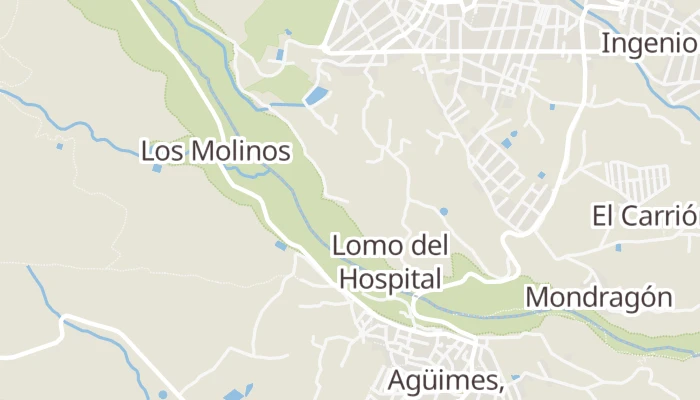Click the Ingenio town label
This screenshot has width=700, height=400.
648,44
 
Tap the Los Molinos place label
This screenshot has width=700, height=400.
216,152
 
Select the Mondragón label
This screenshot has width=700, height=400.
597,297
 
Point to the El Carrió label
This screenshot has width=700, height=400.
643,216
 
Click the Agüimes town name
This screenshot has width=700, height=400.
444,381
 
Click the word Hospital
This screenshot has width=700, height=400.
390,278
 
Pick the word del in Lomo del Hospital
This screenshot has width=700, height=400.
429,246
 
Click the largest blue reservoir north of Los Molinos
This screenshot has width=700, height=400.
315,96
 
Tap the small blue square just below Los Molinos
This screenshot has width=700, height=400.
157,168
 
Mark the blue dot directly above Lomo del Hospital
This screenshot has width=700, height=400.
443,211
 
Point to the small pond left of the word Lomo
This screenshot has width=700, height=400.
280,245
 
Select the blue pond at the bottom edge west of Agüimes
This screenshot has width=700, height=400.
233,394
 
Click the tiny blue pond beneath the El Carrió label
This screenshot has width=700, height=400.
618,247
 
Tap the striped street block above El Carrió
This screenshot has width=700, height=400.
639,180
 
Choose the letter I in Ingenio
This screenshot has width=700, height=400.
605,44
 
